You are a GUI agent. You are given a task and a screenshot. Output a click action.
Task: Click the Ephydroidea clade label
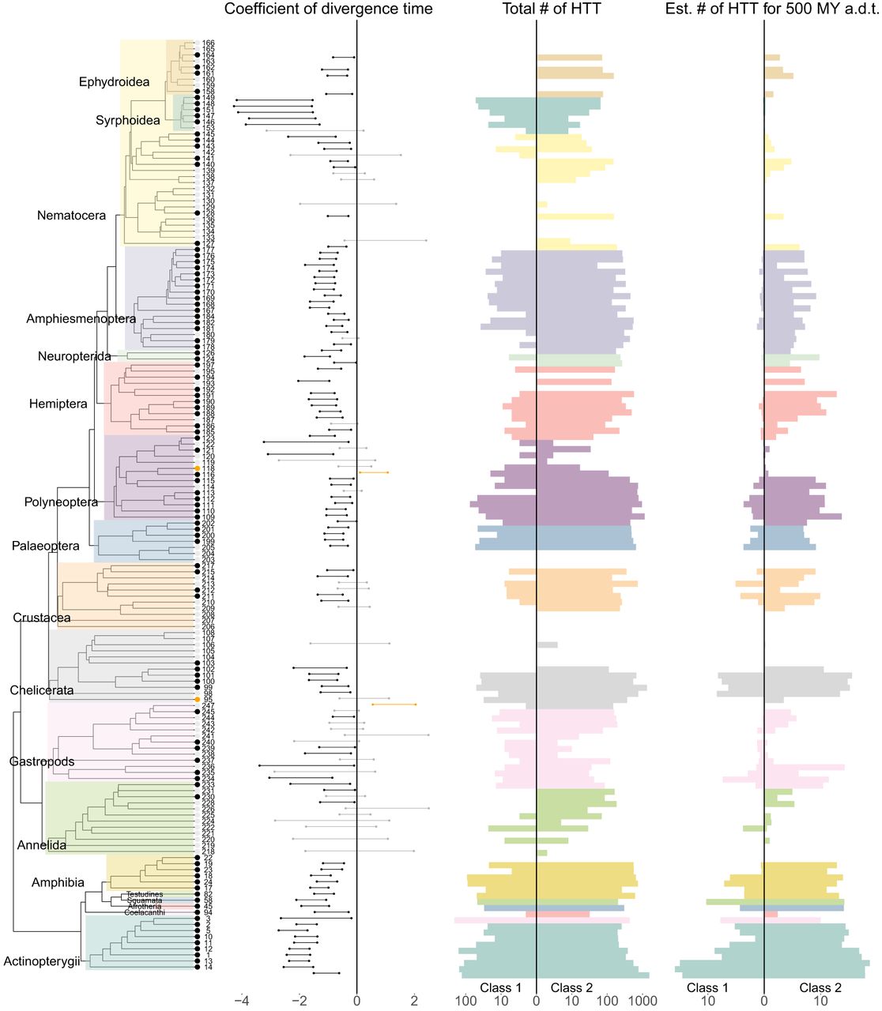click(114, 82)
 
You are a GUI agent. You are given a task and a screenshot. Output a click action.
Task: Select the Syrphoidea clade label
click(128, 121)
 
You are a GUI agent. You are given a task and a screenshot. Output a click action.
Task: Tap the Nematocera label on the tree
click(71, 216)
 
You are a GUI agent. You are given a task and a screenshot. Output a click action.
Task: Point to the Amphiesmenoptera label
click(81, 319)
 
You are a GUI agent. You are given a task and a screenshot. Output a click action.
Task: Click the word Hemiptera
click(58, 404)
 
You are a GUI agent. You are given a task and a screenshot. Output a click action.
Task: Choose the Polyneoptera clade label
click(61, 502)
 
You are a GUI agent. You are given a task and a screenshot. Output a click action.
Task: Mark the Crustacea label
click(42, 618)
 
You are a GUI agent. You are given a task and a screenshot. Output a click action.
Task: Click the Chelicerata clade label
click(42, 690)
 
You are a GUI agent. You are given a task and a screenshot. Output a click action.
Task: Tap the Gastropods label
click(42, 762)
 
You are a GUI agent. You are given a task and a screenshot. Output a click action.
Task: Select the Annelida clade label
click(42, 845)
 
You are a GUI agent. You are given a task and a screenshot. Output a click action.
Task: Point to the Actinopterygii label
click(42, 961)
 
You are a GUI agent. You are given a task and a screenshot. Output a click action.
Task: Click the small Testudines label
click(145, 895)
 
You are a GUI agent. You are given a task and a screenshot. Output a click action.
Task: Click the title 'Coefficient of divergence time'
click(329, 9)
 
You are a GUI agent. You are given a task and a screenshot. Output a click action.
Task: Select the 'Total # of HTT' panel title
click(552, 9)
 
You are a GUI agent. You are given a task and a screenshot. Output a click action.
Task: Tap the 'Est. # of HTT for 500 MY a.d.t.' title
click(771, 9)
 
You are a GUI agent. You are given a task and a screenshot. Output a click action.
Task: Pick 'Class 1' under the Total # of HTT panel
click(500, 988)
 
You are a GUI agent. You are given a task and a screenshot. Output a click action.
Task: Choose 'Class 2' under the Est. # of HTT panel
click(820, 988)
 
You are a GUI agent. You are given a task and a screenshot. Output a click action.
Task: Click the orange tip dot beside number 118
click(197, 469)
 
